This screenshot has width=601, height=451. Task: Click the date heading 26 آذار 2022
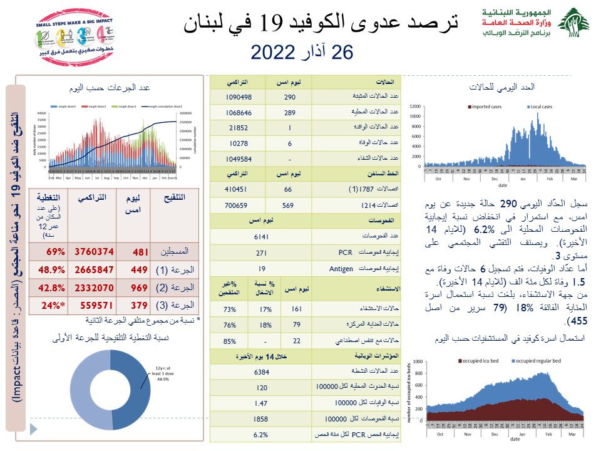(x=302, y=52)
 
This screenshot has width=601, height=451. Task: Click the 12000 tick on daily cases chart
(x=414, y=106)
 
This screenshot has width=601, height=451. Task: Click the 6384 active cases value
(x=262, y=372)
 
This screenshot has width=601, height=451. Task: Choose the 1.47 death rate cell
(x=262, y=403)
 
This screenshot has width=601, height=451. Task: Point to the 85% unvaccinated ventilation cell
(x=230, y=341)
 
